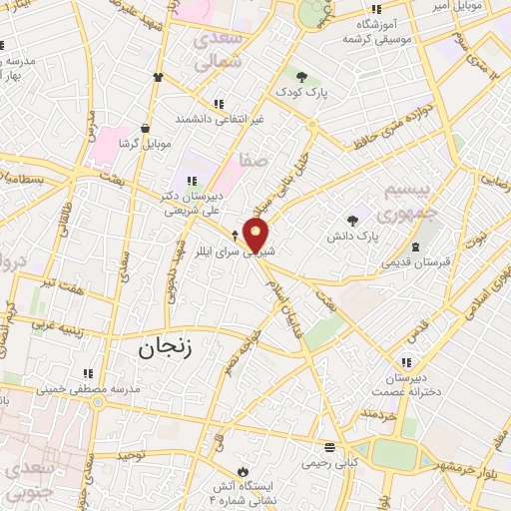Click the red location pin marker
(257, 236)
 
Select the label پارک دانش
(352, 238)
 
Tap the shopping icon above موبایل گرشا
(147, 128)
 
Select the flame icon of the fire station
(242, 470)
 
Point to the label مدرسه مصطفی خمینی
(98, 388)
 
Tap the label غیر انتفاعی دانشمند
(219, 119)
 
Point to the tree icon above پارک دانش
(351, 220)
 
